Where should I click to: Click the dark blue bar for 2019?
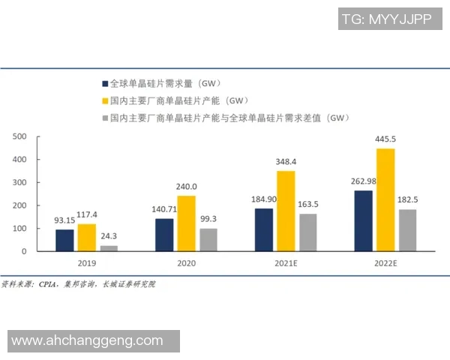pyautogui.click(x=65, y=240)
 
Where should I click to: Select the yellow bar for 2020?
pyautogui.click(x=187, y=223)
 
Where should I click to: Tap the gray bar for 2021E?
pyautogui.click(x=308, y=232)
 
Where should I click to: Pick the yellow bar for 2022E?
pyautogui.click(x=385, y=199)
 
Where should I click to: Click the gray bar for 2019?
pyautogui.click(x=109, y=248)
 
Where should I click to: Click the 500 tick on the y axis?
pyautogui.click(x=19, y=136)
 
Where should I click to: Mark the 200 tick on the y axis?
pyautogui.click(x=19, y=205)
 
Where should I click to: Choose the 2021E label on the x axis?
pyautogui.click(x=286, y=263)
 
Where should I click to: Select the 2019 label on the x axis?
pyautogui.click(x=87, y=263)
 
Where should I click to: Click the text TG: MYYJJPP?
pyautogui.click(x=386, y=20)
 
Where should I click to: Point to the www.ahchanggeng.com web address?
pyautogui.click(x=87, y=340)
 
